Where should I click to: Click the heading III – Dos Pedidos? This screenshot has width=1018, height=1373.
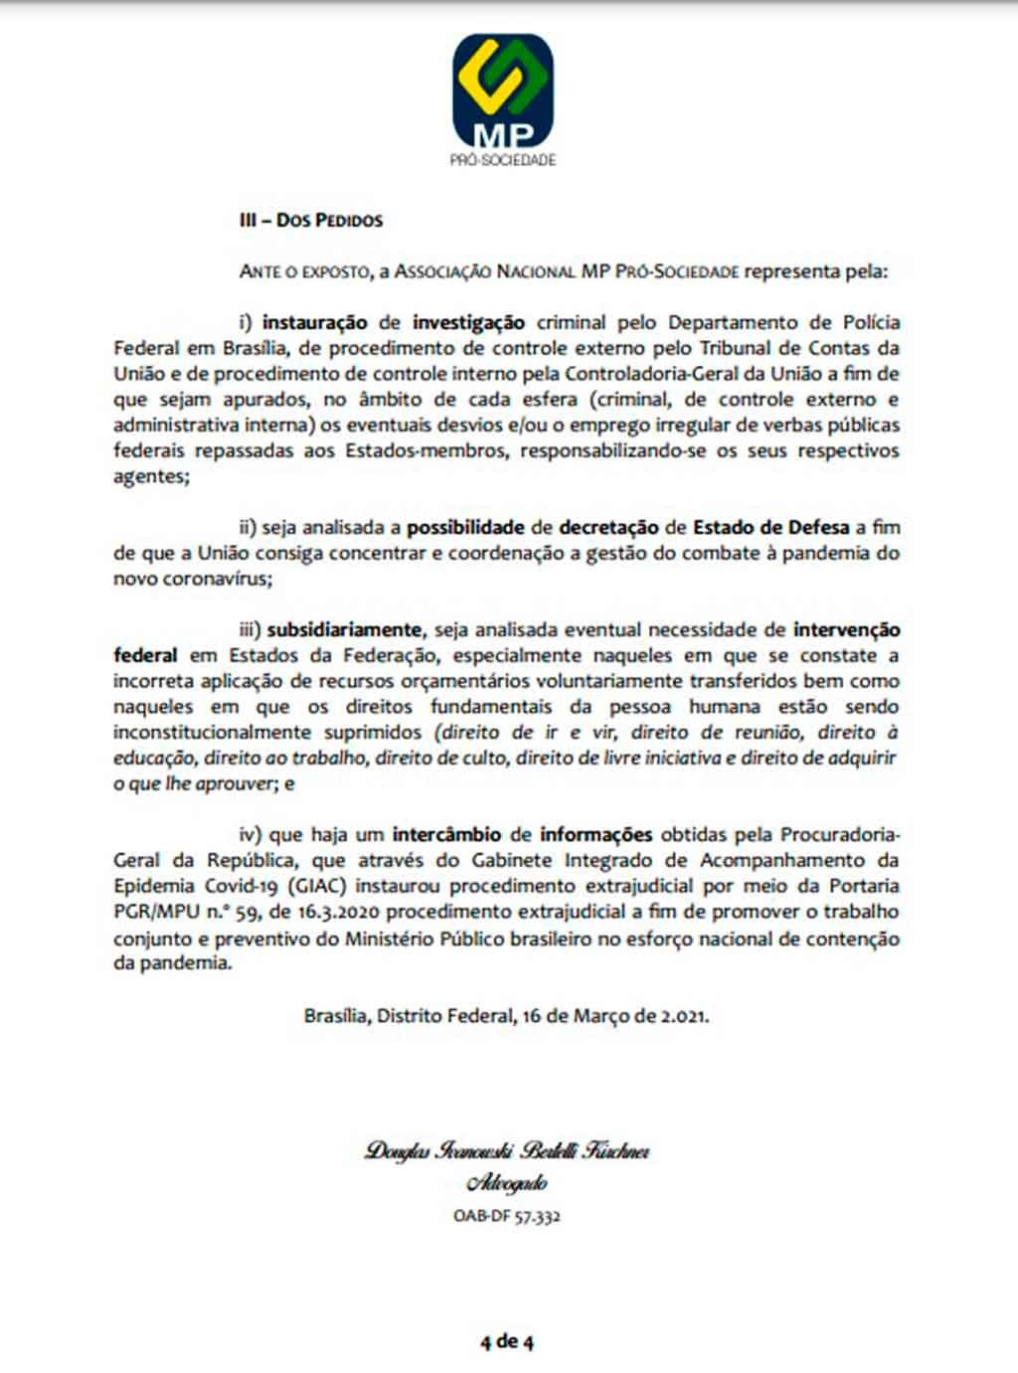click(x=311, y=220)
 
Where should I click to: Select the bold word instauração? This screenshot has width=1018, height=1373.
click(x=315, y=322)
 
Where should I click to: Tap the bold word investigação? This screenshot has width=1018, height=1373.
click(x=469, y=322)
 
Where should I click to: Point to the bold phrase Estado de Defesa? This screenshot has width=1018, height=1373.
click(x=771, y=527)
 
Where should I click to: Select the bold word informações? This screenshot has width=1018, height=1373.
click(x=596, y=834)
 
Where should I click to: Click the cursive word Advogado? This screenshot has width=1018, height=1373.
click(x=507, y=1183)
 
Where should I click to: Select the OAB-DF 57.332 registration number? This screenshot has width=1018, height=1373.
click(x=507, y=1215)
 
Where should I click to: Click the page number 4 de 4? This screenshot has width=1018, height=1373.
click(x=507, y=1342)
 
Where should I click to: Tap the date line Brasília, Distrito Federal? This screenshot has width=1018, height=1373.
click(x=507, y=1016)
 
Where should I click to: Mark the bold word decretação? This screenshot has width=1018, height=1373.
click(x=607, y=527)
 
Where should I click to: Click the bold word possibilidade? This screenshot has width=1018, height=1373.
click(x=465, y=527)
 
